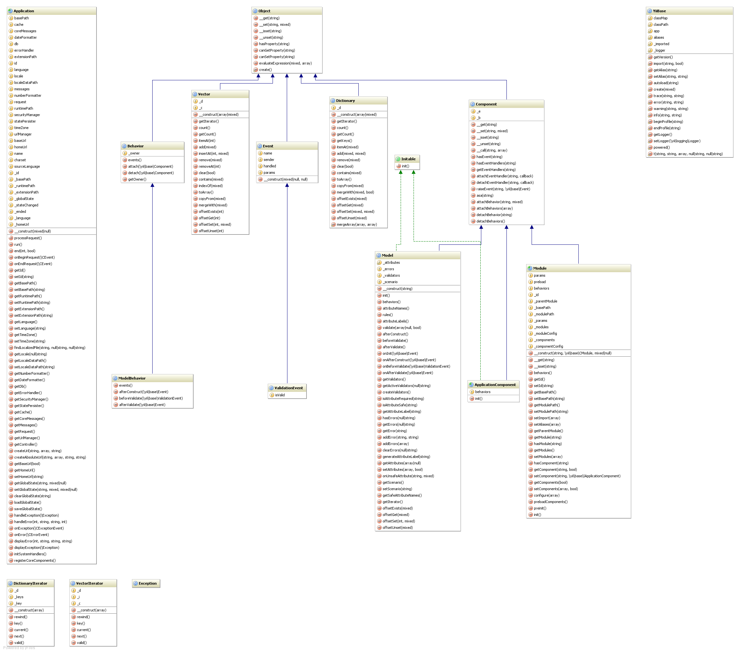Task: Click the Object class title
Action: coord(264,11)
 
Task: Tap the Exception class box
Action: coord(147,583)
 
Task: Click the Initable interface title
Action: coord(408,159)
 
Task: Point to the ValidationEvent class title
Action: coord(288,388)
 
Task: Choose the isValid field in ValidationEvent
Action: coord(279,395)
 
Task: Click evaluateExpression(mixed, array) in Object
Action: coord(285,63)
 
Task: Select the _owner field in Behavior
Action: coord(134,153)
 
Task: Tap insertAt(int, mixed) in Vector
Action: coord(213,153)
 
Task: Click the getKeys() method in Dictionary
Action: coord(344,141)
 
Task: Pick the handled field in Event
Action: coord(269,166)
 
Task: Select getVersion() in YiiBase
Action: coord(663,57)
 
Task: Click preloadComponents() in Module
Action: coord(550,502)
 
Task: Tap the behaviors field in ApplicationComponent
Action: coord(483,392)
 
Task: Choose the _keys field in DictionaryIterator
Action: coord(19,597)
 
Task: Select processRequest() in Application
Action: coord(28,238)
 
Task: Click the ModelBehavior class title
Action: coord(132,378)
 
